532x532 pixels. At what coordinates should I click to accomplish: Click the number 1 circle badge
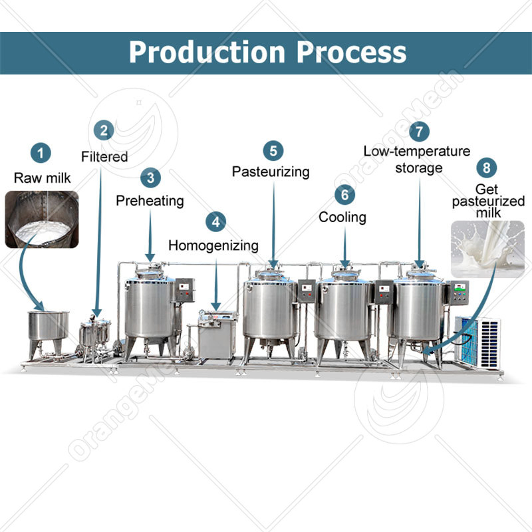coord(42,154)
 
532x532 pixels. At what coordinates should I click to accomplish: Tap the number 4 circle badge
coord(215,221)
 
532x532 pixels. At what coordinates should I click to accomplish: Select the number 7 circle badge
coord(418,131)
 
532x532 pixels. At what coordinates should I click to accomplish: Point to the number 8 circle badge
coord(487,166)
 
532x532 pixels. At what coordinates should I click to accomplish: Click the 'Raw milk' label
coord(42,178)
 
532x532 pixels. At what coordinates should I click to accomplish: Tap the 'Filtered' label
coord(104,157)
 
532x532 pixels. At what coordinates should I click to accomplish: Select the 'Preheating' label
coord(150,200)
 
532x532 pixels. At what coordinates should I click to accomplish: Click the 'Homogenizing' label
coord(213,245)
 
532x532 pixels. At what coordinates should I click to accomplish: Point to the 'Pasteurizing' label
coord(271,172)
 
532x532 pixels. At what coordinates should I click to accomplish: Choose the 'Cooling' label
coord(342,217)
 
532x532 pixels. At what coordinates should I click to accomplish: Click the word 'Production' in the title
coord(208,51)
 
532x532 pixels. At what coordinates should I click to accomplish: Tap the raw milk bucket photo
coord(41,219)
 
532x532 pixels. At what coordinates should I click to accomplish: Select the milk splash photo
coord(487,248)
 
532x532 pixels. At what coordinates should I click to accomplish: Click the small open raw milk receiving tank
coord(48,325)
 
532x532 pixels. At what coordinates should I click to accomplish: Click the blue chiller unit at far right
coord(477,340)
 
